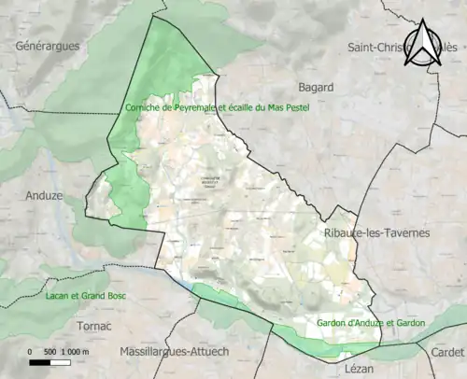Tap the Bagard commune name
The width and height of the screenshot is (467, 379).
coord(315,87)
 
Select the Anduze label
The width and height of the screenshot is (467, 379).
coord(44,197)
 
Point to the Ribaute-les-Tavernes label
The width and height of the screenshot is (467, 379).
coord(376,232)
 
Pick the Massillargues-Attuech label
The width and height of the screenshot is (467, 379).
coord(177,351)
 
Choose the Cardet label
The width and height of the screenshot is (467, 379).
coord(446,351)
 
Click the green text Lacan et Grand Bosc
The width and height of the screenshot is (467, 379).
coord(85,296)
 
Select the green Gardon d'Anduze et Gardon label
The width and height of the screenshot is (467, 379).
coord(372,323)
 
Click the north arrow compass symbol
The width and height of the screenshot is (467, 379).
coord(423,44)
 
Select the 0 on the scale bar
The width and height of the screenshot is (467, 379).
coord(30,351)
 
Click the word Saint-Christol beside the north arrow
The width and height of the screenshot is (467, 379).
coord(378,46)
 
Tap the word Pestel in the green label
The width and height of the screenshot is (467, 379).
coord(293,107)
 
